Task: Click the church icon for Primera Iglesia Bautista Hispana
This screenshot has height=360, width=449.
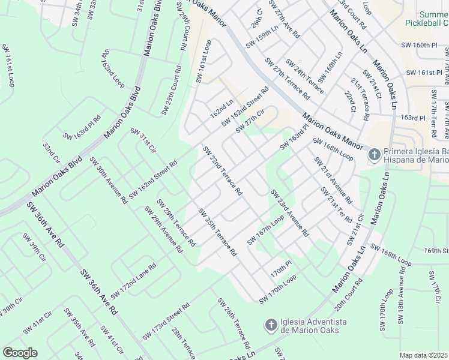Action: [x=373, y=155]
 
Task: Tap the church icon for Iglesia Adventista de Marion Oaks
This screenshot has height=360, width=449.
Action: [x=270, y=325]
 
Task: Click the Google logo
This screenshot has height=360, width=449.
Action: [x=20, y=353]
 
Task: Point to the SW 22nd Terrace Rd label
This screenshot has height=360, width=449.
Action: [x=222, y=171]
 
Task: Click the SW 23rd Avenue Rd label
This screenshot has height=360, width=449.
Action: [x=289, y=212]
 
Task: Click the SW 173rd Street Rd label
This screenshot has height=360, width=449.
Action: [x=166, y=322]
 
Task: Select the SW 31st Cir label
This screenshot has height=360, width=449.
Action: [x=143, y=140]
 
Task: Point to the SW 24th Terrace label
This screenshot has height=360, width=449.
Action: [x=305, y=76]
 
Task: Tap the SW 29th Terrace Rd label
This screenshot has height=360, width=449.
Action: [x=175, y=223]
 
